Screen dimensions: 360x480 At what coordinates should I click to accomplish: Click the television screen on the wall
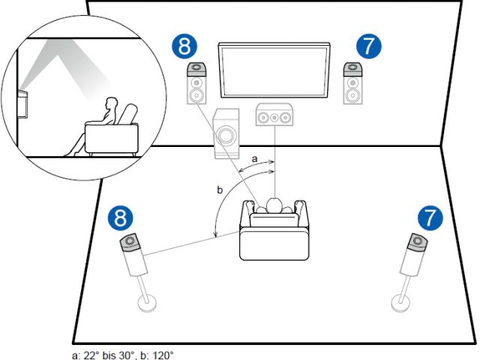(274, 69)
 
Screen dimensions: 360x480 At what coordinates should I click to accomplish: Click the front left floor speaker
(196, 84)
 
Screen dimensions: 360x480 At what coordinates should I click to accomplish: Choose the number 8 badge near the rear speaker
(120, 218)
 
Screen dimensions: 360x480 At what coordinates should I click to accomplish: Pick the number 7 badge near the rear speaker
(429, 218)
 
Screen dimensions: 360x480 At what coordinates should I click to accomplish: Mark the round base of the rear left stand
(148, 303)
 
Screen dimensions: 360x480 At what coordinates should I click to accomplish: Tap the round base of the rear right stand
(402, 303)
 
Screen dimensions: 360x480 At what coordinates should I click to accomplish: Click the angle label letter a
(256, 159)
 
